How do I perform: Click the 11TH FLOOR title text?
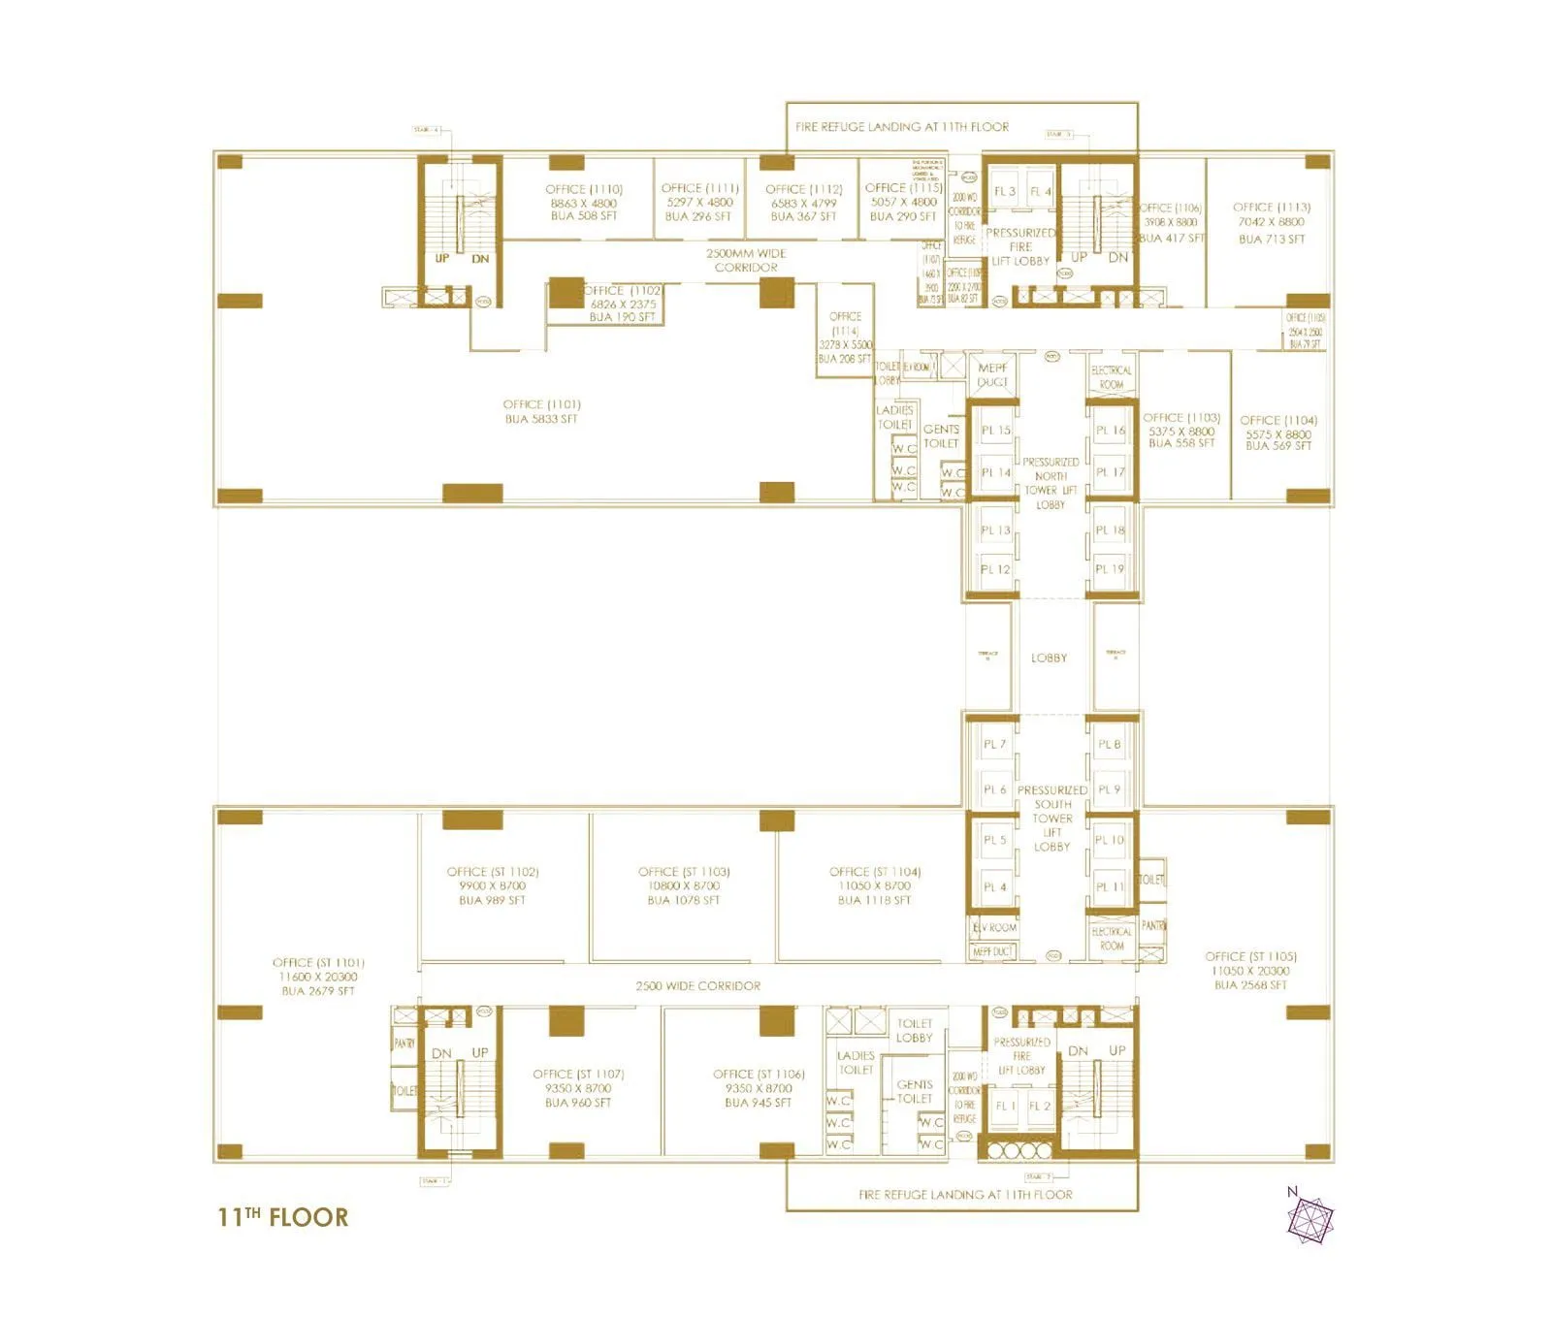[x=282, y=1217]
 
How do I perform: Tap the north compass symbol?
[x=1309, y=1218]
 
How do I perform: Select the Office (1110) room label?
[x=584, y=203]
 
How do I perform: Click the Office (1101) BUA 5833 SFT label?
[x=541, y=411]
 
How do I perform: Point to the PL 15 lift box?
[x=995, y=430]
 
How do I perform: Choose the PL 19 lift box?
[x=1110, y=569]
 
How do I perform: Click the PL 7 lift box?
[x=994, y=744]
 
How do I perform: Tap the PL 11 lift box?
[x=1110, y=886]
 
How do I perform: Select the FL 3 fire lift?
[x=1005, y=192]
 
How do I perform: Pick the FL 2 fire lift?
[x=1040, y=1106]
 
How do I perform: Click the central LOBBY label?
[x=1049, y=658]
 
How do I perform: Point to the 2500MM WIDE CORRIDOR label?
[x=746, y=260]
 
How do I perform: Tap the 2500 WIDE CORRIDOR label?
[x=697, y=985]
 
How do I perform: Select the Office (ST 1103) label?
[x=684, y=885]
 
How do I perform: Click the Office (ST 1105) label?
[x=1250, y=970]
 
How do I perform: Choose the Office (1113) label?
[x=1272, y=222]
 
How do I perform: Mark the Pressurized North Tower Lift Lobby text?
[x=1051, y=483]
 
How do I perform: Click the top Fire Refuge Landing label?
[x=902, y=127]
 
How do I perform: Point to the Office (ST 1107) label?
[x=578, y=1088]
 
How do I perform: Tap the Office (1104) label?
[x=1278, y=433]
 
